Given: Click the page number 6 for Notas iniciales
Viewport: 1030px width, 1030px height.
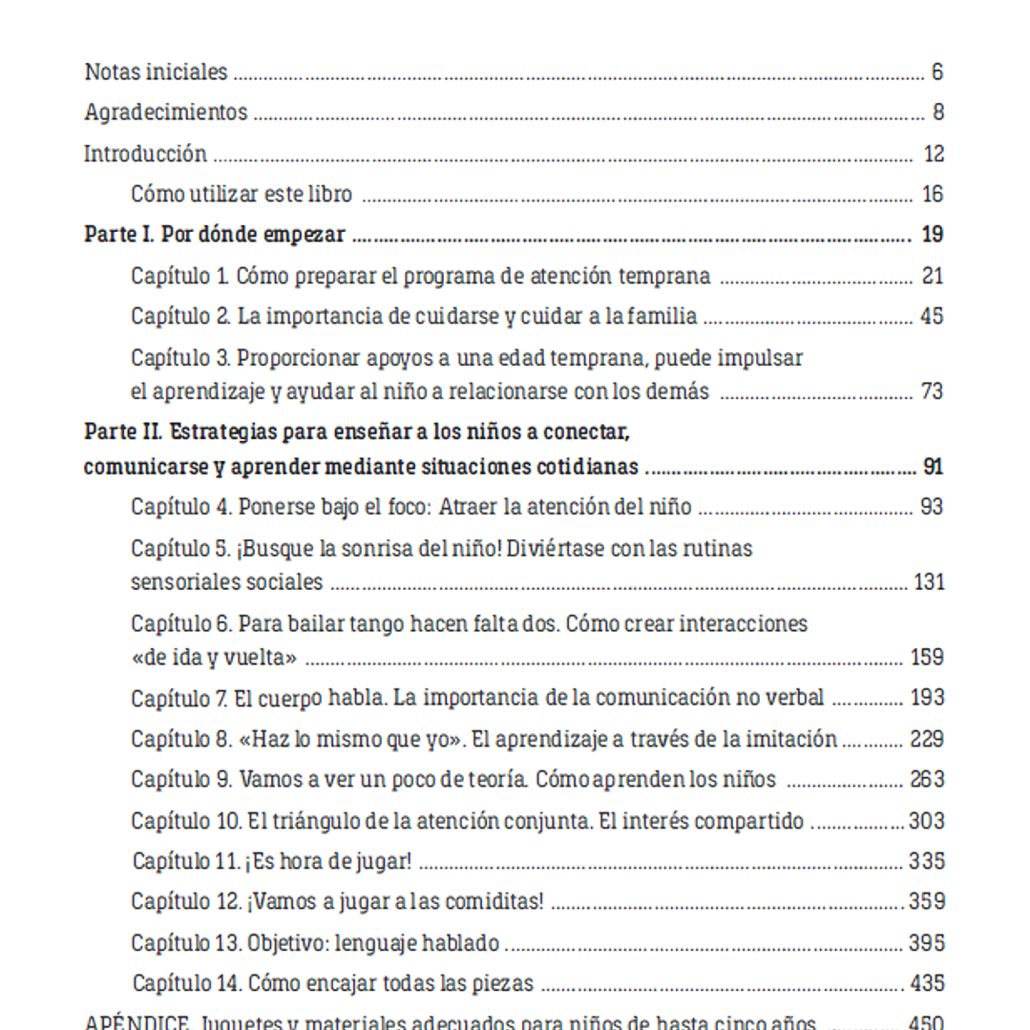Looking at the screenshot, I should tap(937, 72).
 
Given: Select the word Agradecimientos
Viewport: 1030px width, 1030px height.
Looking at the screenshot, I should tap(165, 113).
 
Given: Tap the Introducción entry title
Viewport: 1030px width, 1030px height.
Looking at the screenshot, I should tap(145, 154).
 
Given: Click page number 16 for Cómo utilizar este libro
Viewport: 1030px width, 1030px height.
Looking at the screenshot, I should tap(932, 195).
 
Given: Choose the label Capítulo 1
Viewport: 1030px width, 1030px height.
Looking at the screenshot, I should tap(179, 277).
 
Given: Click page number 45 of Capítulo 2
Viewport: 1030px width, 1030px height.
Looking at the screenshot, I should tap(931, 316).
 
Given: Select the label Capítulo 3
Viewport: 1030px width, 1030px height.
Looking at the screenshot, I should tap(179, 358).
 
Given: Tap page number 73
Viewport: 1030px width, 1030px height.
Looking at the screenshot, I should tap(931, 391).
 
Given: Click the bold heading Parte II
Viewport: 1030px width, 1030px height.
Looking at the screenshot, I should tap(124, 432).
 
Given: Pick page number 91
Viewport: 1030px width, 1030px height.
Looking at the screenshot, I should tap(933, 468).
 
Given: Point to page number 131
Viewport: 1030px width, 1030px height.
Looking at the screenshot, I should tap(928, 581).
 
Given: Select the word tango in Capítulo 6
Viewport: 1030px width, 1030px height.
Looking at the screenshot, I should tap(377, 624).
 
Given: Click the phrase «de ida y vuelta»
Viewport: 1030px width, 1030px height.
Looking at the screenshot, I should tap(214, 658).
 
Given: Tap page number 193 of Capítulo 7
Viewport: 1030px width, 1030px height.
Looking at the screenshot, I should tap(927, 698).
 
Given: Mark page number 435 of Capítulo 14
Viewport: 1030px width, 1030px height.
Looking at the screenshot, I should tap(927, 983).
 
